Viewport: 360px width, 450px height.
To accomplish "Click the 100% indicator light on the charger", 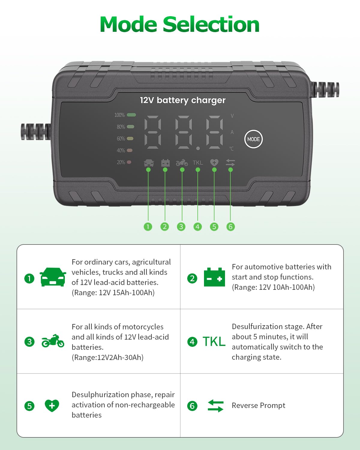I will coord(131,115).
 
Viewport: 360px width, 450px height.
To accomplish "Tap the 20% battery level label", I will coord(121,162).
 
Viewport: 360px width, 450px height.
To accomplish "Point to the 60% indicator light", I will coord(130,139).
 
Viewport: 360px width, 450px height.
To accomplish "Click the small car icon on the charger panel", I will coord(149,163).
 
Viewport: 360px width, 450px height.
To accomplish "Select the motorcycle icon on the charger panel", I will coord(182,163).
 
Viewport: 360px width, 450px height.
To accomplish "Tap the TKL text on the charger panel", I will coord(198,163).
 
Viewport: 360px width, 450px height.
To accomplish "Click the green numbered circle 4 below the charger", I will coord(197,226).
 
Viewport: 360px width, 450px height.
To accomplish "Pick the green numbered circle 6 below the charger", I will coord(230,226).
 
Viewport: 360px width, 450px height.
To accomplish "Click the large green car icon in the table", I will coord(53,277).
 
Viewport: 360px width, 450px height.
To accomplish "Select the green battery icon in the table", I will coord(214,277).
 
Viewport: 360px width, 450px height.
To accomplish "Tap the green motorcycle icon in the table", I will coord(53,341).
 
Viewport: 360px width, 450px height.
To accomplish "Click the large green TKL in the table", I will coord(214,341).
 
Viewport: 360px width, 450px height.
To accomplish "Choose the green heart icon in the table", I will coord(52,406).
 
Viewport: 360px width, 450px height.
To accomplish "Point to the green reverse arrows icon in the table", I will coord(215,406).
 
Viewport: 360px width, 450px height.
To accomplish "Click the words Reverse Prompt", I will coord(258,406).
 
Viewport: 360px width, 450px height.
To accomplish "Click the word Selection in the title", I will coord(211,25).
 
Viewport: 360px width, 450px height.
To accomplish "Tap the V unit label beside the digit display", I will coord(232,116).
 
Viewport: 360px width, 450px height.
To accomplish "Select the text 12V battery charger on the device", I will coord(183,100).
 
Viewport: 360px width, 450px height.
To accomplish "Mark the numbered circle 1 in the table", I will coord(29,278).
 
